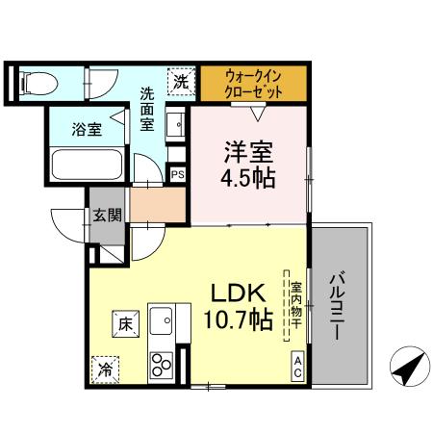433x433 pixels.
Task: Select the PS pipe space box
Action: point(177,174)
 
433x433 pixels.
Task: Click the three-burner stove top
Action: point(161,365)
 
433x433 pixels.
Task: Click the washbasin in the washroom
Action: point(176,125)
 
